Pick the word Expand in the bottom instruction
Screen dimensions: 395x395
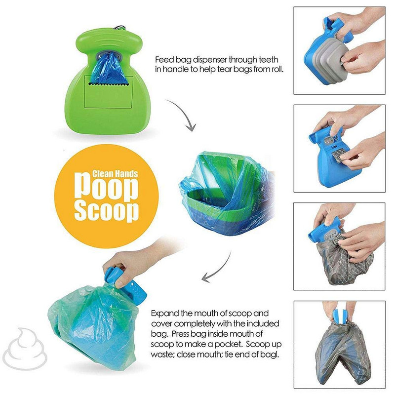point(164,314)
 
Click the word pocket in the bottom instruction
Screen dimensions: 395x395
point(216,345)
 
